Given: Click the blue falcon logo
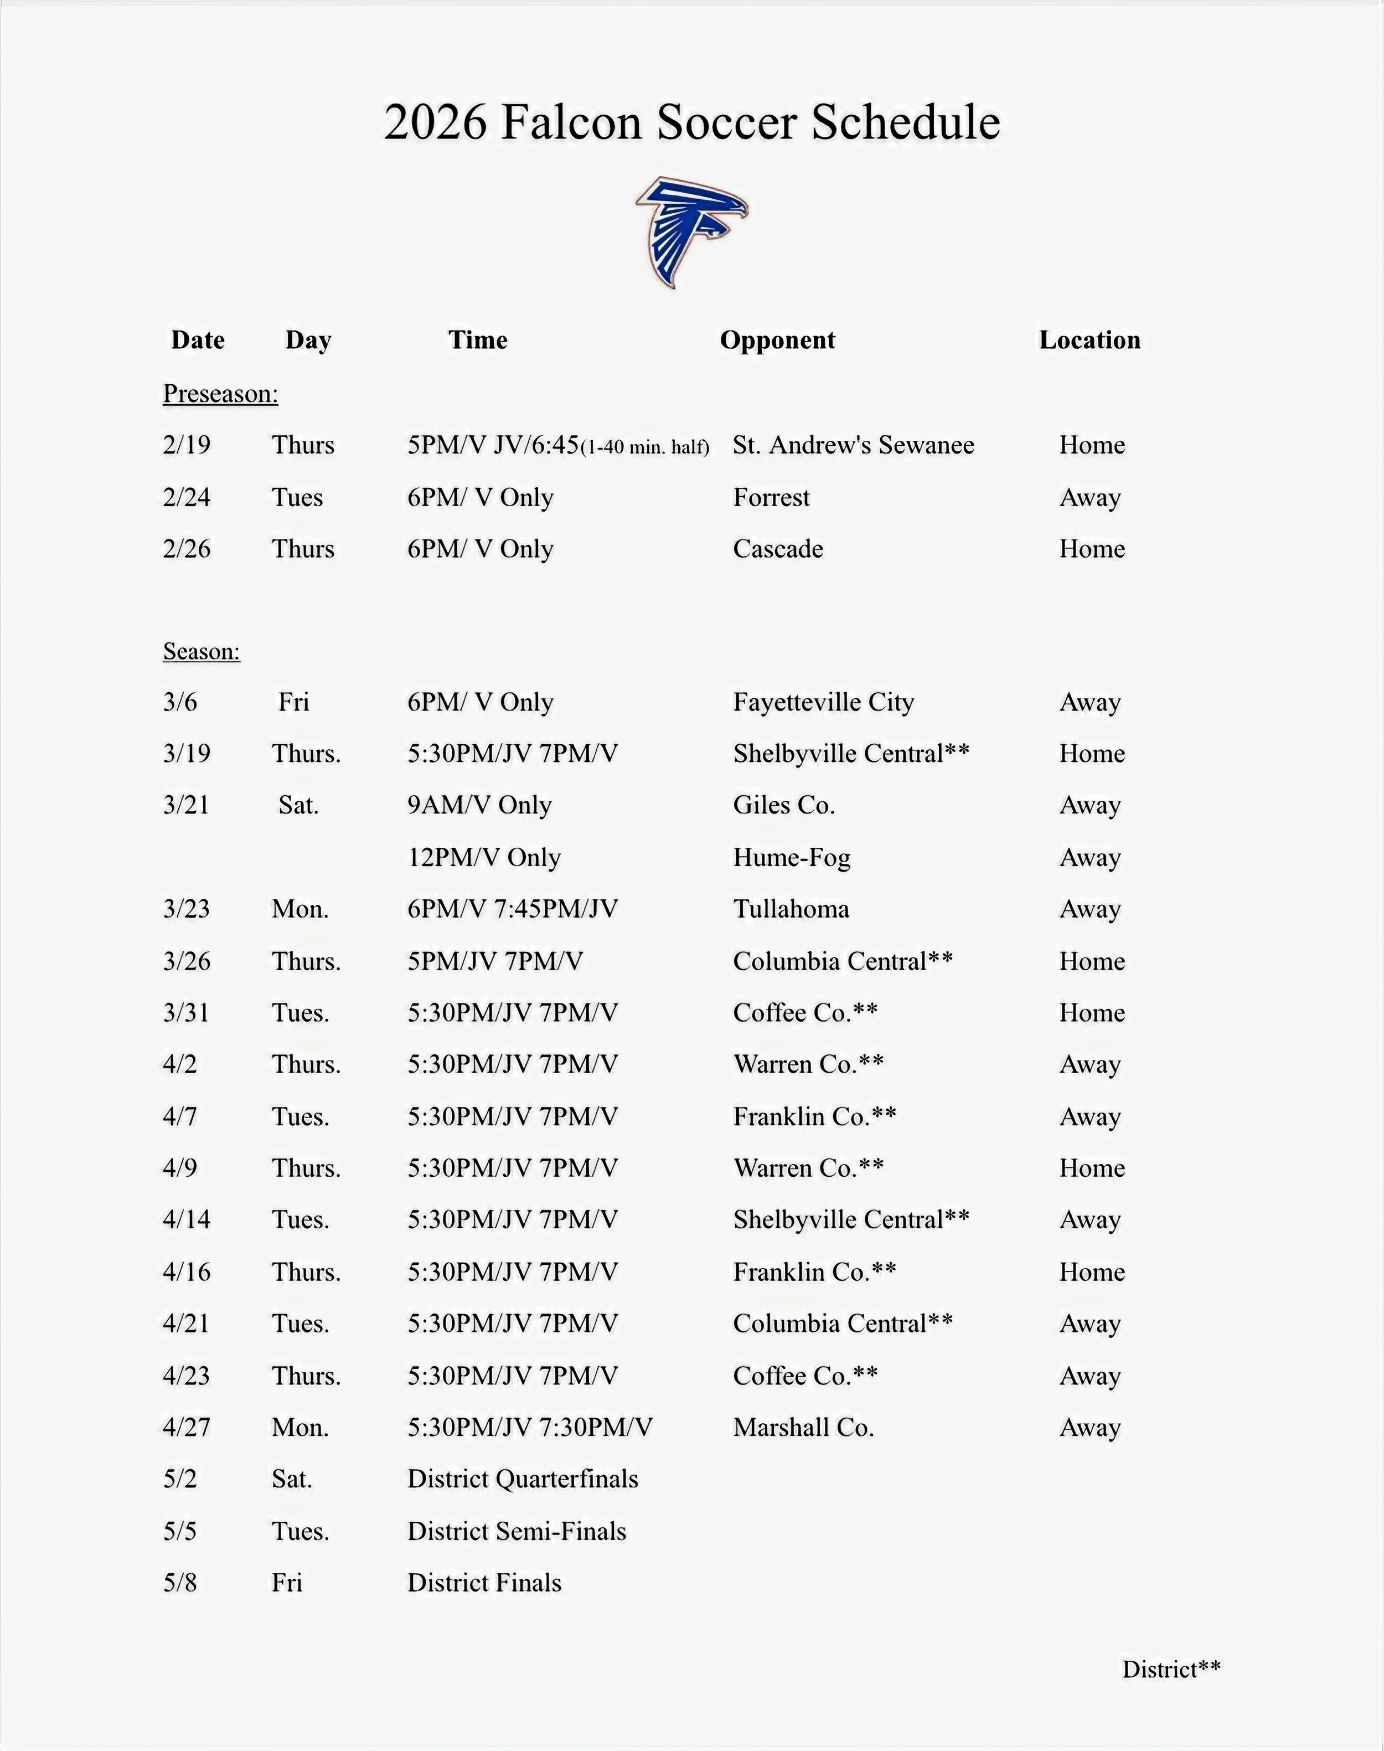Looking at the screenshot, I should point(691,231).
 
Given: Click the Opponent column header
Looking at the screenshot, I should point(777,339).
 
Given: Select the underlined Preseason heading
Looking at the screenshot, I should point(220,393).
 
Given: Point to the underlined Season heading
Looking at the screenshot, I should point(202,651).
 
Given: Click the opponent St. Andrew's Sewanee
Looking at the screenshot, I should point(853,445).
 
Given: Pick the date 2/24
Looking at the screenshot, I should point(187,497).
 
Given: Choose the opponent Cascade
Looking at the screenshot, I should point(778,549).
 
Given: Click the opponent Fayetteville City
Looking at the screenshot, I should point(823,702).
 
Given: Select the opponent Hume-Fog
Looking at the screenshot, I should point(792,857).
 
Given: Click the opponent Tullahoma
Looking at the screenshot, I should point(791,909).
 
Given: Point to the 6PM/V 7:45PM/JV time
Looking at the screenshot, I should point(512,909).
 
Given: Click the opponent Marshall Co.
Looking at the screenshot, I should point(803,1428).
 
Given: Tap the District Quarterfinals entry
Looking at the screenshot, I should point(523,1480).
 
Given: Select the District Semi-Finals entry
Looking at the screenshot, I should point(517,1531).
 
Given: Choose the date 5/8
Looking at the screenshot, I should point(180,1583).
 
